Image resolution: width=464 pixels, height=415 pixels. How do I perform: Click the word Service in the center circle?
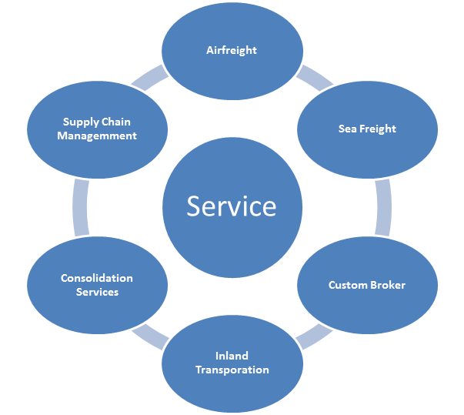[x=232, y=206]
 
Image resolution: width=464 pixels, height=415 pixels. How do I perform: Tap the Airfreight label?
[x=232, y=50]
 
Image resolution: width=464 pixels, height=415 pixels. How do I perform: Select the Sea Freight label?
[x=367, y=129]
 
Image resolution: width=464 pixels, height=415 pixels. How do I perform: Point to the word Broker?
[x=386, y=285]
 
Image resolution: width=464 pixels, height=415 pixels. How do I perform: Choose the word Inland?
[x=232, y=356]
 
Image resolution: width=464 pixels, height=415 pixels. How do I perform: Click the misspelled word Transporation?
[x=232, y=370]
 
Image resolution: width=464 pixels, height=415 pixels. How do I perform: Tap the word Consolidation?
[x=97, y=278]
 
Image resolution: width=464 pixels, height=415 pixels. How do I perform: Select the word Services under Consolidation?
[x=97, y=292]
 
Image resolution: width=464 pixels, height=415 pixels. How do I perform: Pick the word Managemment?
[x=97, y=136]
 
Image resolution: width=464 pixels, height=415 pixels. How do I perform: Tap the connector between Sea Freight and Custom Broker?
[x=382, y=206]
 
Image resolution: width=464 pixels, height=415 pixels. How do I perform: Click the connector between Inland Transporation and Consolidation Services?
[x=151, y=335]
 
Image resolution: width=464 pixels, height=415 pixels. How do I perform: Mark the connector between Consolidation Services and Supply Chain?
[x=80, y=206]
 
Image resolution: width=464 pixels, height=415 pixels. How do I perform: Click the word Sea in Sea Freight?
[x=347, y=129]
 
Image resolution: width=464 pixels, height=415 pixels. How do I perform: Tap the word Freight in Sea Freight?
[x=377, y=129]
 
